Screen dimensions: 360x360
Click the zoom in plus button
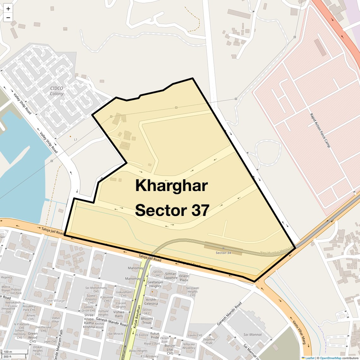click(8, 9)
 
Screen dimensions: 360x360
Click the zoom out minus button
click(8, 18)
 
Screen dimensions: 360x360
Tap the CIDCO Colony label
click(57, 91)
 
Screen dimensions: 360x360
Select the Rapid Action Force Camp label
click(320, 130)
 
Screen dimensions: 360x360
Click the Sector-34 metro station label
click(223, 253)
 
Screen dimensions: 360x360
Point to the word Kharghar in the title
click(171, 185)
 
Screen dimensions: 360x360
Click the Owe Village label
click(55, 301)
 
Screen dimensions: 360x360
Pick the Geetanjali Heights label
click(155, 284)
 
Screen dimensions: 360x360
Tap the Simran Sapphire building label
click(171, 276)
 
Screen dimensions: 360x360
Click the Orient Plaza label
click(184, 278)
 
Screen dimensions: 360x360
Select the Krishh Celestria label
click(151, 302)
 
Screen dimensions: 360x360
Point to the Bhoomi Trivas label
click(147, 321)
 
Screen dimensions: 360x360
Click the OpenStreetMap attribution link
click(330, 358)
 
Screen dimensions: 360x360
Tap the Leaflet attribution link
click(309, 358)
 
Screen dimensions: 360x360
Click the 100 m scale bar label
click(8, 352)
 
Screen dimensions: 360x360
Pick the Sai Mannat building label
click(253, 334)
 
